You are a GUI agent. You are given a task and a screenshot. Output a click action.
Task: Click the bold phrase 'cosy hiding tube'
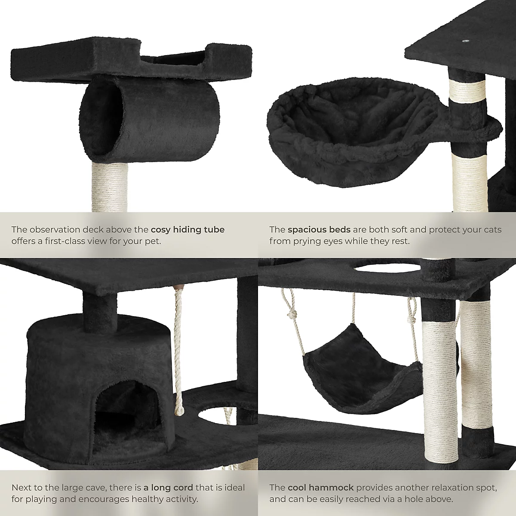[x=187, y=230]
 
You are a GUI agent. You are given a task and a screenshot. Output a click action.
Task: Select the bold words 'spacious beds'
[x=319, y=230]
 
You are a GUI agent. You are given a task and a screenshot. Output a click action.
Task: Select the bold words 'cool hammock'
[x=321, y=488]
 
